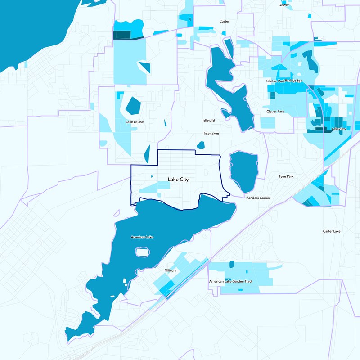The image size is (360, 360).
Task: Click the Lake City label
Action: point(178,180)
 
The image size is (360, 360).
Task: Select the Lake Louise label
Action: point(135,121)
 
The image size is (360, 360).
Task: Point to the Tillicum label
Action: point(170,271)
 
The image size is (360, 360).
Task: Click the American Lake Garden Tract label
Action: point(230,281)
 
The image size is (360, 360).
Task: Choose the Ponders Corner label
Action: point(258,198)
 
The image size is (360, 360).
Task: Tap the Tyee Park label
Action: point(286,176)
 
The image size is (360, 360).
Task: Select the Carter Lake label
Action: point(332,231)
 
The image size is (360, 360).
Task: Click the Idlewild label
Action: point(209,121)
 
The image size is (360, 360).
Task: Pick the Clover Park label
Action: point(275,112)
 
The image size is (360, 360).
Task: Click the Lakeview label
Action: point(338,129)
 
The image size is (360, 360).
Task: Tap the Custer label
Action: point(224,21)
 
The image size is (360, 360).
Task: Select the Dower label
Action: point(283,5)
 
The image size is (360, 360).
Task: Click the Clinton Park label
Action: point(275,81)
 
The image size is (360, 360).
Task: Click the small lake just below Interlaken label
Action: point(201,145)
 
